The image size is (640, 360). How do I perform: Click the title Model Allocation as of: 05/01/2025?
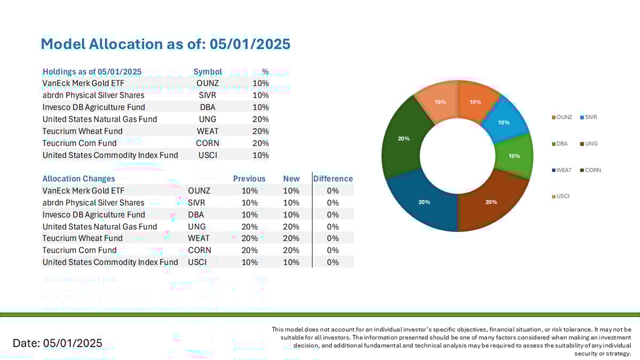coord(165,44)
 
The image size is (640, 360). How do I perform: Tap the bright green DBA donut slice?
coord(514,156)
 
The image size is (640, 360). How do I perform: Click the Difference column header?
coord(333,179)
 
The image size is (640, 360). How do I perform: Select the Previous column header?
coord(249,179)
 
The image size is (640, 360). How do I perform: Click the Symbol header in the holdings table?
coord(207,71)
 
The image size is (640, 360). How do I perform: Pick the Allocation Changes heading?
coord(78,179)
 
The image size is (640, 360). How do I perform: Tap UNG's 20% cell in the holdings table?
coord(261,119)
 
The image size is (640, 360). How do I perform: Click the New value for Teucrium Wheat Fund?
coord(291,238)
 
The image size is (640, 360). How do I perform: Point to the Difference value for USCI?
coord(333,262)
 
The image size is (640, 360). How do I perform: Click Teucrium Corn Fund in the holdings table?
coord(79,143)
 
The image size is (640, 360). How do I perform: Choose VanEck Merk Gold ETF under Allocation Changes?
coord(83,190)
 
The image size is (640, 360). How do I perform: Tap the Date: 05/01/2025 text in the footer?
coord(57,343)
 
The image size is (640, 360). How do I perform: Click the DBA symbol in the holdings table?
coord(207,107)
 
